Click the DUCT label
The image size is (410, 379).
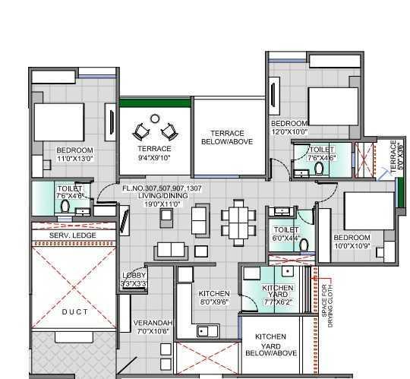pos(74,312)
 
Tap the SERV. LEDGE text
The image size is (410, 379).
pos(72,236)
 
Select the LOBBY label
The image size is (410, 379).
pos(134,280)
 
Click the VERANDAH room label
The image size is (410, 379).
pos(153,327)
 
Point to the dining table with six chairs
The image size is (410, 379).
pos(238,221)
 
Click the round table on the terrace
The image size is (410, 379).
pos(155,118)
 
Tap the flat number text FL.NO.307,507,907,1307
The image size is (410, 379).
pos(162,188)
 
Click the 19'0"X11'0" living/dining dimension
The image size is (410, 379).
pos(158,204)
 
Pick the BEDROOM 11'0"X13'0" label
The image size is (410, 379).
pos(74,154)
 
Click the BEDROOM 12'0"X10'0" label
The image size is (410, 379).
pos(289,127)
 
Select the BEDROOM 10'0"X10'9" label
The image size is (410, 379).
pos(352,242)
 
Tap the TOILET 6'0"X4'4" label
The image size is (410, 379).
pos(286,234)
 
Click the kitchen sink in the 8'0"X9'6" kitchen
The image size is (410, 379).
pos(203,330)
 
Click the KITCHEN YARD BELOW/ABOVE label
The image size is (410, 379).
pos(270,345)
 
